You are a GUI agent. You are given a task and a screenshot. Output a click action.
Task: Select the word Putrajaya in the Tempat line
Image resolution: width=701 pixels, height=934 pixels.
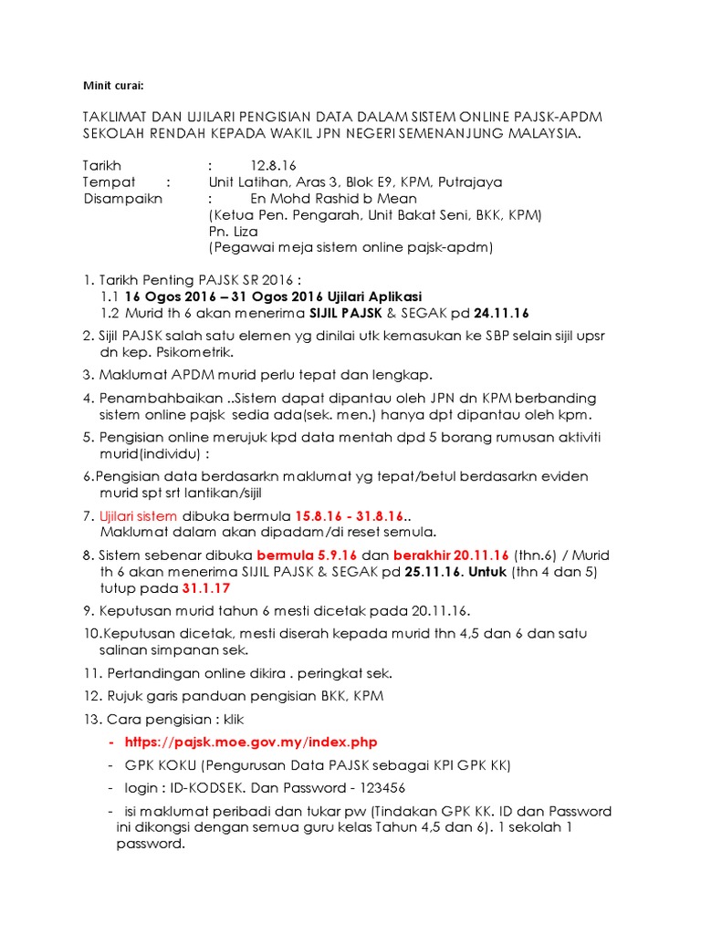point(470,182)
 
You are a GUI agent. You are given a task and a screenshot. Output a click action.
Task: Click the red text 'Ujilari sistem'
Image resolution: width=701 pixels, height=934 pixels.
point(143,515)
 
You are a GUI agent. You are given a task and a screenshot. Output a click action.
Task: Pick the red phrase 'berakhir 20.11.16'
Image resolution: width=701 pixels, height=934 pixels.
point(457,555)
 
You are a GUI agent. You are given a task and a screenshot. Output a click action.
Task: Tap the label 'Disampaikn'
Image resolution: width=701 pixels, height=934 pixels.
point(119,198)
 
